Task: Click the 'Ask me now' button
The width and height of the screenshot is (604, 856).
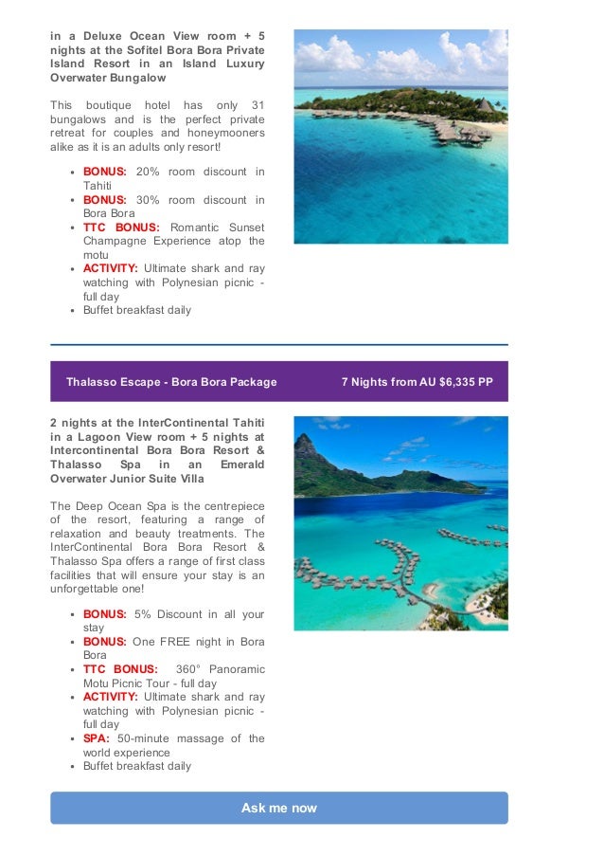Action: [278, 808]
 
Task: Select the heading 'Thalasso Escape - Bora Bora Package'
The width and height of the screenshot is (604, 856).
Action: [171, 382]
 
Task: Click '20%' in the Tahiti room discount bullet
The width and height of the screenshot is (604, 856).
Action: [148, 172]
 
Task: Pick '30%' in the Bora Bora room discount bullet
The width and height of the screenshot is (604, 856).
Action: [148, 200]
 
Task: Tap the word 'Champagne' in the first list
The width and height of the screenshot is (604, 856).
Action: [116, 242]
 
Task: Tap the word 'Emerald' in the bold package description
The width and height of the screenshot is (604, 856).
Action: [241, 464]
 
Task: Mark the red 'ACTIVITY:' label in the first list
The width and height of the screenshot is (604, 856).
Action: [110, 269]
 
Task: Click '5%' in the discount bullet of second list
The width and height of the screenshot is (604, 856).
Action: [143, 614]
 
